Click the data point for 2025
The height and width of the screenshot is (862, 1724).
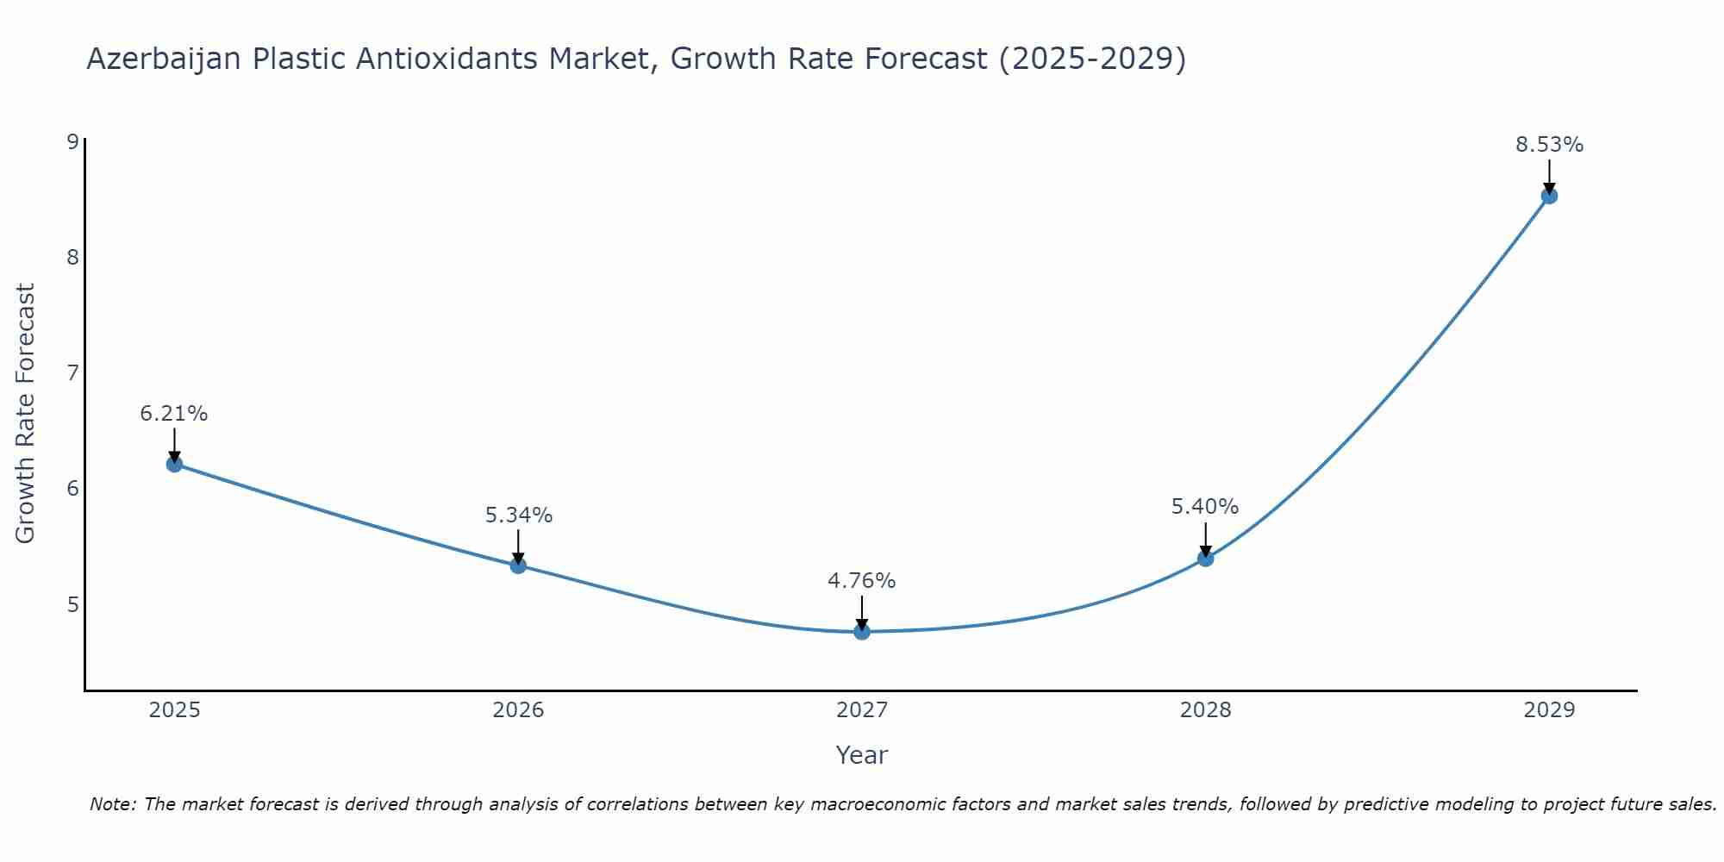[174, 464]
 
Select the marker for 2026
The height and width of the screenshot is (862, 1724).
[518, 565]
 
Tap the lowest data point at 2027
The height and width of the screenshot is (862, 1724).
[862, 632]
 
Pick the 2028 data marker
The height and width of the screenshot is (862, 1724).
[1205, 559]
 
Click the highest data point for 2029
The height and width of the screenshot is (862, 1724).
[1549, 196]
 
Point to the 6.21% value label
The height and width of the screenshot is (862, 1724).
[174, 414]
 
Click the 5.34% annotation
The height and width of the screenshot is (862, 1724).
[518, 515]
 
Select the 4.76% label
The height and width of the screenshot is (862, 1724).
[862, 581]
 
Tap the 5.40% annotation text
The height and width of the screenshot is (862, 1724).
[1205, 507]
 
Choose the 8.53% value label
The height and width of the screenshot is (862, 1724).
[1549, 145]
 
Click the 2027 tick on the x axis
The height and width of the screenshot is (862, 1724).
[862, 710]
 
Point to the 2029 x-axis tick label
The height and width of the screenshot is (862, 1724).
[1549, 710]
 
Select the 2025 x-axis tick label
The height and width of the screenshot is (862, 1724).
[174, 710]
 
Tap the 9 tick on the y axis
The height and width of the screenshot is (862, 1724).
[72, 141]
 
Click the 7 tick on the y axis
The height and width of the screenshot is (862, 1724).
[72, 372]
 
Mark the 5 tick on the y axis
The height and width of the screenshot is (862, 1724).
[72, 604]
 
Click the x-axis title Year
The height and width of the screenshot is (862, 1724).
[862, 755]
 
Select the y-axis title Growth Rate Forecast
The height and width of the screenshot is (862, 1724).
[26, 414]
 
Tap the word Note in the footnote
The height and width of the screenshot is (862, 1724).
[112, 804]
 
